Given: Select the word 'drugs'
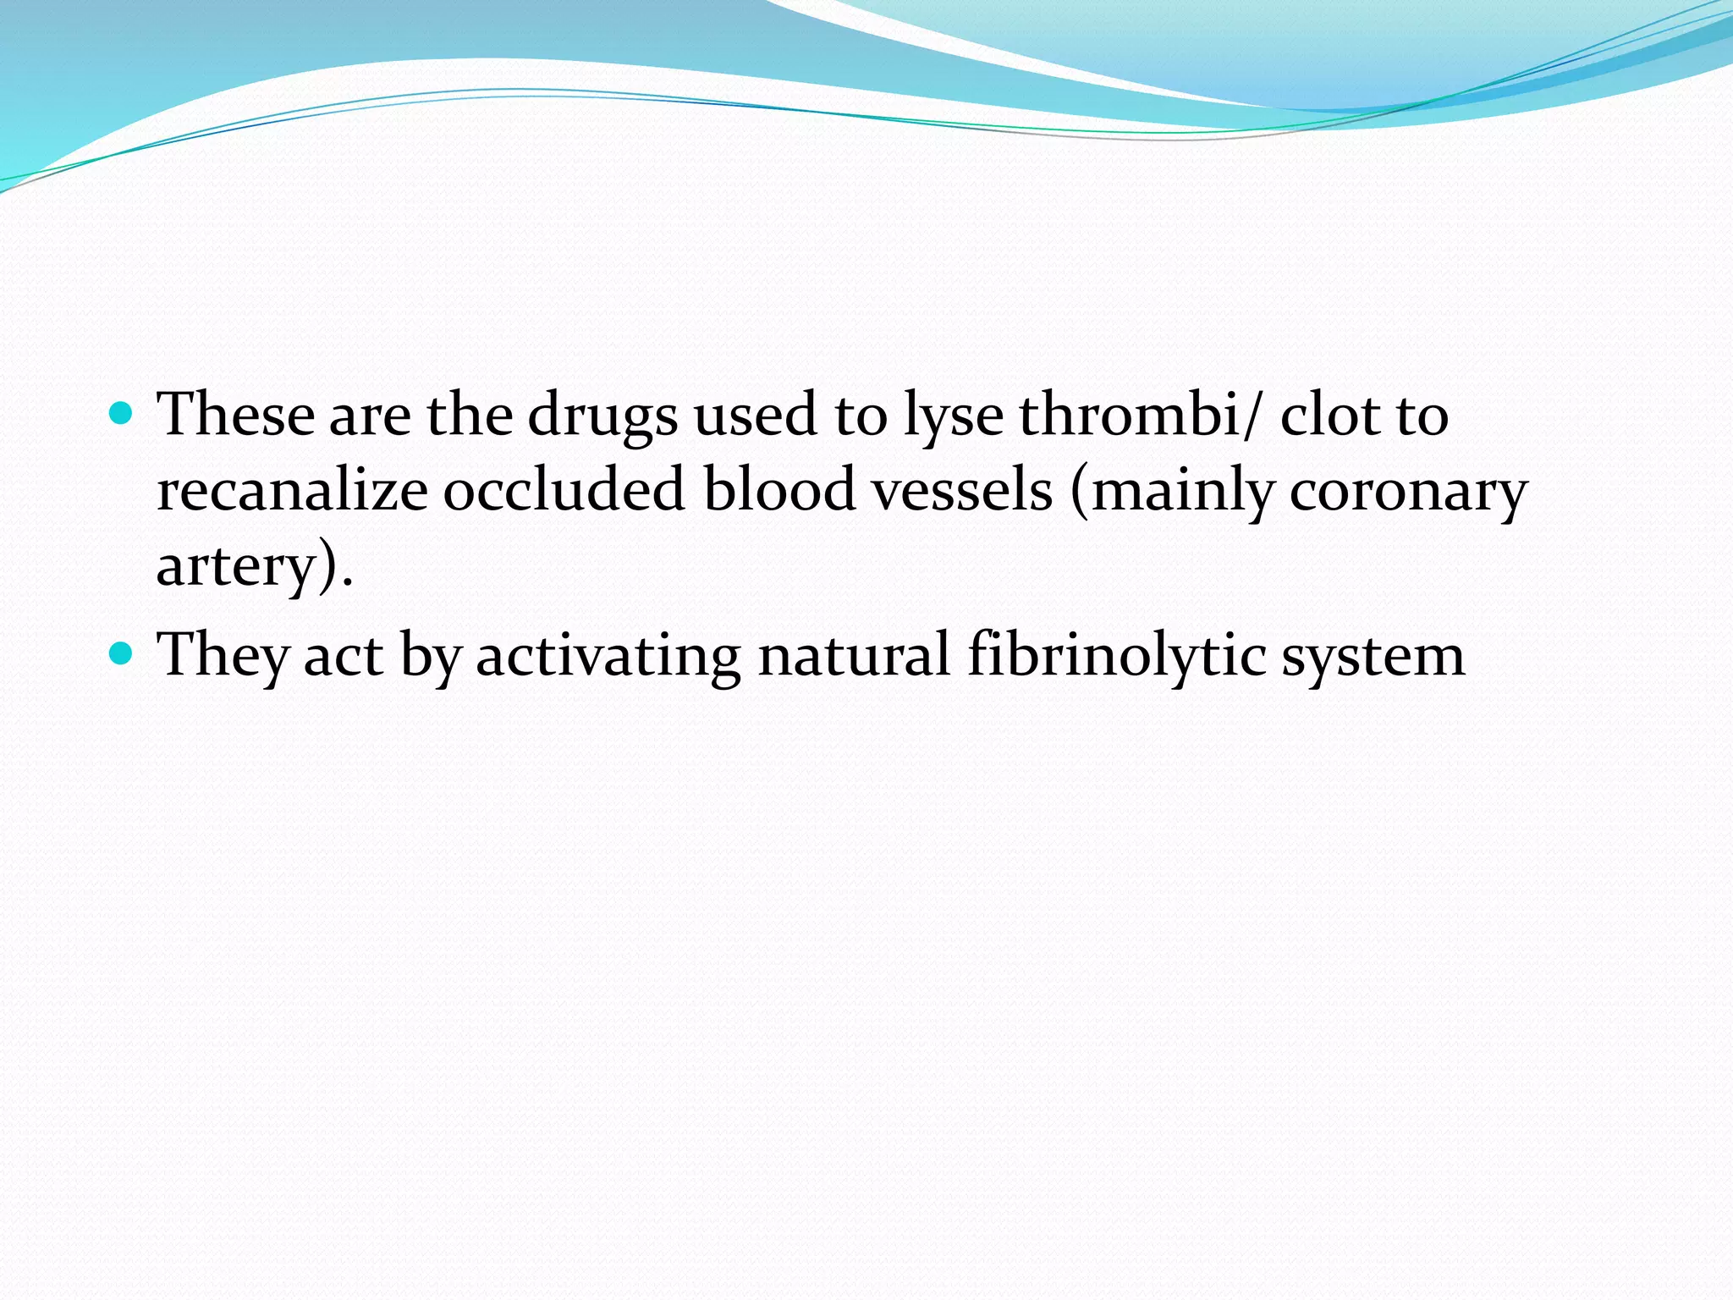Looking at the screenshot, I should [602, 416].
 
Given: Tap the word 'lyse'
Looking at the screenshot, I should [953, 416].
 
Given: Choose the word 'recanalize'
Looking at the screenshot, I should [292, 490].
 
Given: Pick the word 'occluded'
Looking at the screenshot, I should [564, 490].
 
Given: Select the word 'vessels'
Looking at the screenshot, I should [963, 490].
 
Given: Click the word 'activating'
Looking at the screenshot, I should [608, 657].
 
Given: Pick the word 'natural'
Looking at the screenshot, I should [854, 655].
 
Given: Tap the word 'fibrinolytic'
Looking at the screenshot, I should [1116, 655].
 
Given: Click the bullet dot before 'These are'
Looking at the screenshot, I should [123, 413].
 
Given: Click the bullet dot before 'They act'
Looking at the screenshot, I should [123, 653].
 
